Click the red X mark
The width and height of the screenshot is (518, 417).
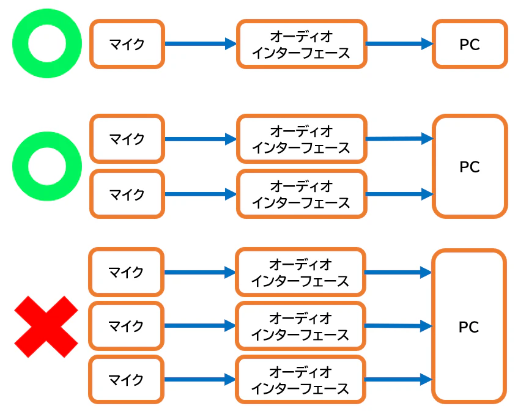(46, 327)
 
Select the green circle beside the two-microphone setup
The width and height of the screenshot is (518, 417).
(46, 166)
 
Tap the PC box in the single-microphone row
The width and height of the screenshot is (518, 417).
(470, 44)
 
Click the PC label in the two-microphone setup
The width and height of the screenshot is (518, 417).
(470, 166)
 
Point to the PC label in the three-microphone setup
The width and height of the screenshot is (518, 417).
(469, 327)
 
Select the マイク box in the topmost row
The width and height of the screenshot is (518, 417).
(127, 44)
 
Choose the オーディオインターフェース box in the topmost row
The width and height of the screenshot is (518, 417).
(302, 44)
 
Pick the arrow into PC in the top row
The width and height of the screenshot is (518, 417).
(399, 44)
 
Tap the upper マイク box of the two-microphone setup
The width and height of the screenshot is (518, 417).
(127, 139)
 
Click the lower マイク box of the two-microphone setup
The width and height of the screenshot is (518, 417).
(127, 194)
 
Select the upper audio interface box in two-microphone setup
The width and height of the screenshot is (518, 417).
(302, 139)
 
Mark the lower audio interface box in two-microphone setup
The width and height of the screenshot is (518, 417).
(302, 194)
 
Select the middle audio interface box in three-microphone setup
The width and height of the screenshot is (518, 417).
(301, 326)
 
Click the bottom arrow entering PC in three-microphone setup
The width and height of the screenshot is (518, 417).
(398, 380)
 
